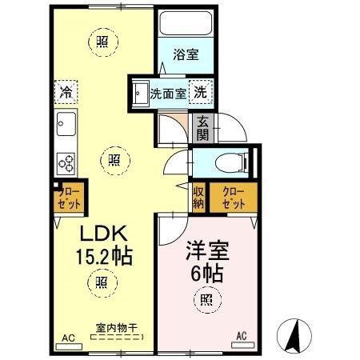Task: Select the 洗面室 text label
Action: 168,92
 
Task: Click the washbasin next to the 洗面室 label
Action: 140,90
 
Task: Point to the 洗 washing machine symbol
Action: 201,91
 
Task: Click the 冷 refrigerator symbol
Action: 68,92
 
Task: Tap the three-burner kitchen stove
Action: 66,163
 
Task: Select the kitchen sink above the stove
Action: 66,126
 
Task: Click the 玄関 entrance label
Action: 203,128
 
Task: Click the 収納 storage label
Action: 198,198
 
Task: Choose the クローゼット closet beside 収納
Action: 232,198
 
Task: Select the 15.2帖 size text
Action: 103,258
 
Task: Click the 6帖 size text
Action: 208,270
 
